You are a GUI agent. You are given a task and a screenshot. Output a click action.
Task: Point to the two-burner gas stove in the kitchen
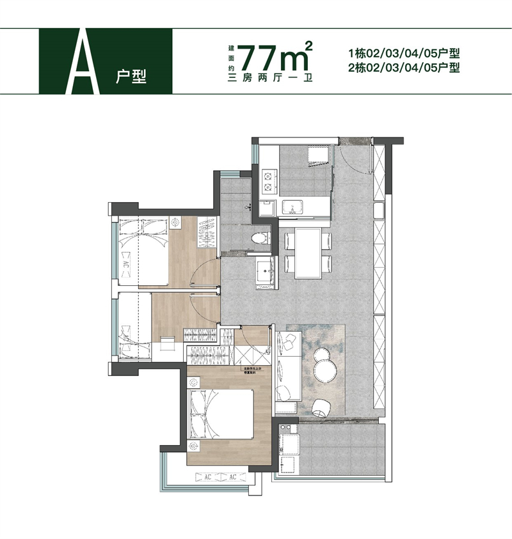(x=267, y=180)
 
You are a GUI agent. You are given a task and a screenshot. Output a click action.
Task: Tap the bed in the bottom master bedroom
(x=221, y=413)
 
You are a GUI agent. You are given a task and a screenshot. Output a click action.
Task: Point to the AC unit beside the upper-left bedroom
(x=125, y=263)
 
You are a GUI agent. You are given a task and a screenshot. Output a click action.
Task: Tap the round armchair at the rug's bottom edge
(x=319, y=407)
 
